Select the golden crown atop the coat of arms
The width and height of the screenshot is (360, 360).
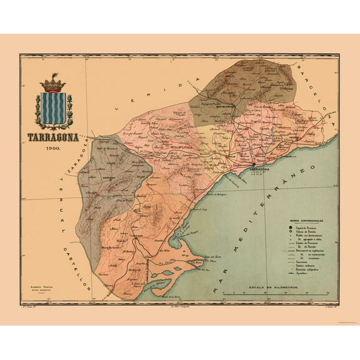pyautogui.click(x=56, y=83)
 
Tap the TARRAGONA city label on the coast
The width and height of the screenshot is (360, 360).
pyautogui.click(x=258, y=169)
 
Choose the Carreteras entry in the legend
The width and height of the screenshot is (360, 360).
pyautogui.click(x=304, y=264)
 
